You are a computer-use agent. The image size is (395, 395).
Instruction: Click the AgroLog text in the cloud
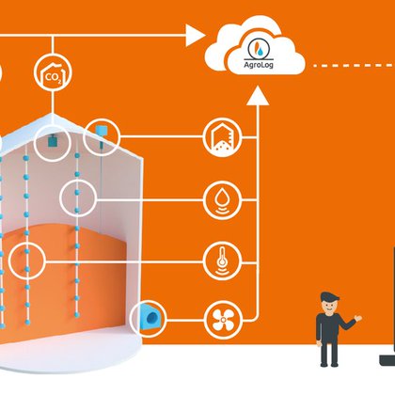click(259, 65)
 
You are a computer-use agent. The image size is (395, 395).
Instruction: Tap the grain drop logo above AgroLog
click(259, 48)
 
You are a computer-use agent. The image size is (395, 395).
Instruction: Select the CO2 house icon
click(53, 72)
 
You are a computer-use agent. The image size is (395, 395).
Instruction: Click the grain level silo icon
click(222, 137)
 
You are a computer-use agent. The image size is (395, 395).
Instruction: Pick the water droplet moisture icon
click(222, 199)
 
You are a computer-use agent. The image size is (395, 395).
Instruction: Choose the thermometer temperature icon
click(222, 261)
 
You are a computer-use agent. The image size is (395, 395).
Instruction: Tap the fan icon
click(223, 320)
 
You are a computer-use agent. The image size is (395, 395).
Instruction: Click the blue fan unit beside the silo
click(151, 317)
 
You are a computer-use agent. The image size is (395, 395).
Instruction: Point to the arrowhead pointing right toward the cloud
click(195, 35)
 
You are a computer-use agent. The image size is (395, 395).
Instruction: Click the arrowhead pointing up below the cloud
click(258, 96)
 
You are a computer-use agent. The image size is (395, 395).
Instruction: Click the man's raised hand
click(357, 318)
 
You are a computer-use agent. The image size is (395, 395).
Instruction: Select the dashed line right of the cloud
click(355, 66)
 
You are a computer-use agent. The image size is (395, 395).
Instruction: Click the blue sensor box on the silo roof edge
click(101, 130)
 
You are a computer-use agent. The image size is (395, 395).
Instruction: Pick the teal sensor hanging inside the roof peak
click(52, 141)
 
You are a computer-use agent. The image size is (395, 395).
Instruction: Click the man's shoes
click(329, 364)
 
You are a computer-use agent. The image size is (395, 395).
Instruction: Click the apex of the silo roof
click(52, 115)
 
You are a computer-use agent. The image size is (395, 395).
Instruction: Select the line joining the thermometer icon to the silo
click(124, 261)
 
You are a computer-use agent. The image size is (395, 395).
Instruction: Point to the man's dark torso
click(327, 327)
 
